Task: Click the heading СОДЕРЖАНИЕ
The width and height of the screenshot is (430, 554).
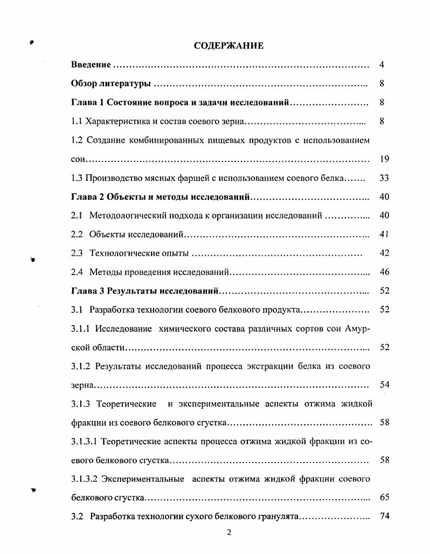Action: coord(228,46)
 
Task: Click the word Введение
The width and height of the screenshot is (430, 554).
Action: coord(91,65)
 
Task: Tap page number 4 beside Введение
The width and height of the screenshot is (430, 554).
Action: coord(382,65)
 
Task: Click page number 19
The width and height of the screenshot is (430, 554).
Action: coord(384,159)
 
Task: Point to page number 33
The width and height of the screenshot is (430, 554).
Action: coord(384,178)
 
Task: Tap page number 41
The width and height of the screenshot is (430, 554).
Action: coord(384,235)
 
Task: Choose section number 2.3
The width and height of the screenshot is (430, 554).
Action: coord(77,253)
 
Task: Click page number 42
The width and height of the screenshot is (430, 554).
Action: coord(384,253)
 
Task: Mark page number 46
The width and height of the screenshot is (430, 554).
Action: coord(384,272)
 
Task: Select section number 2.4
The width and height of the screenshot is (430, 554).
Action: coord(77,272)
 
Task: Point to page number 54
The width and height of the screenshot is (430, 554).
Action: coord(384,385)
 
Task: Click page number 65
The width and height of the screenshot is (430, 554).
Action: coord(384,497)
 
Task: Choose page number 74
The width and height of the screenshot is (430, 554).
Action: coord(384,516)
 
